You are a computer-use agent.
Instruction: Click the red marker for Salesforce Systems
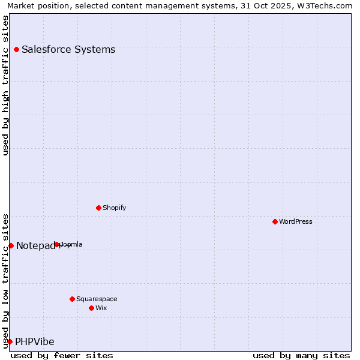16,49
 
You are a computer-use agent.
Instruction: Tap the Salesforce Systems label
68,49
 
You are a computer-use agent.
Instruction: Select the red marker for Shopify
98,208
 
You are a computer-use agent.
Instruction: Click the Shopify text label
114,208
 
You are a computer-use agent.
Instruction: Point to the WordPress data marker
275,221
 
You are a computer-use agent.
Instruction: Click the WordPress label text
296,221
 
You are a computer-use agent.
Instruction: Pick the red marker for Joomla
57,244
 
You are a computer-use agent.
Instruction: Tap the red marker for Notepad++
11,245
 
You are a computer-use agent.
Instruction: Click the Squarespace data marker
72,299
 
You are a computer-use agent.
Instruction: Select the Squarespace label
97,299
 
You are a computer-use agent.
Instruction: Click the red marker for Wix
91,308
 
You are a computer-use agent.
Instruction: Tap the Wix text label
101,308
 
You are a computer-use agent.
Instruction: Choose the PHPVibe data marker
10,341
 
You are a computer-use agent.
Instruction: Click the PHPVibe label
35,341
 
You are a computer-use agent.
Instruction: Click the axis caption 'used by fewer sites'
62,355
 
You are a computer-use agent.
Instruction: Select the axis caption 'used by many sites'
301,355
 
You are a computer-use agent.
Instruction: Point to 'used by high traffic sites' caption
5,85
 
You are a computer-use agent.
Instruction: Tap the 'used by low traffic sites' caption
5,280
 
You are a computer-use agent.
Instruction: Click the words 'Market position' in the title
35,6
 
